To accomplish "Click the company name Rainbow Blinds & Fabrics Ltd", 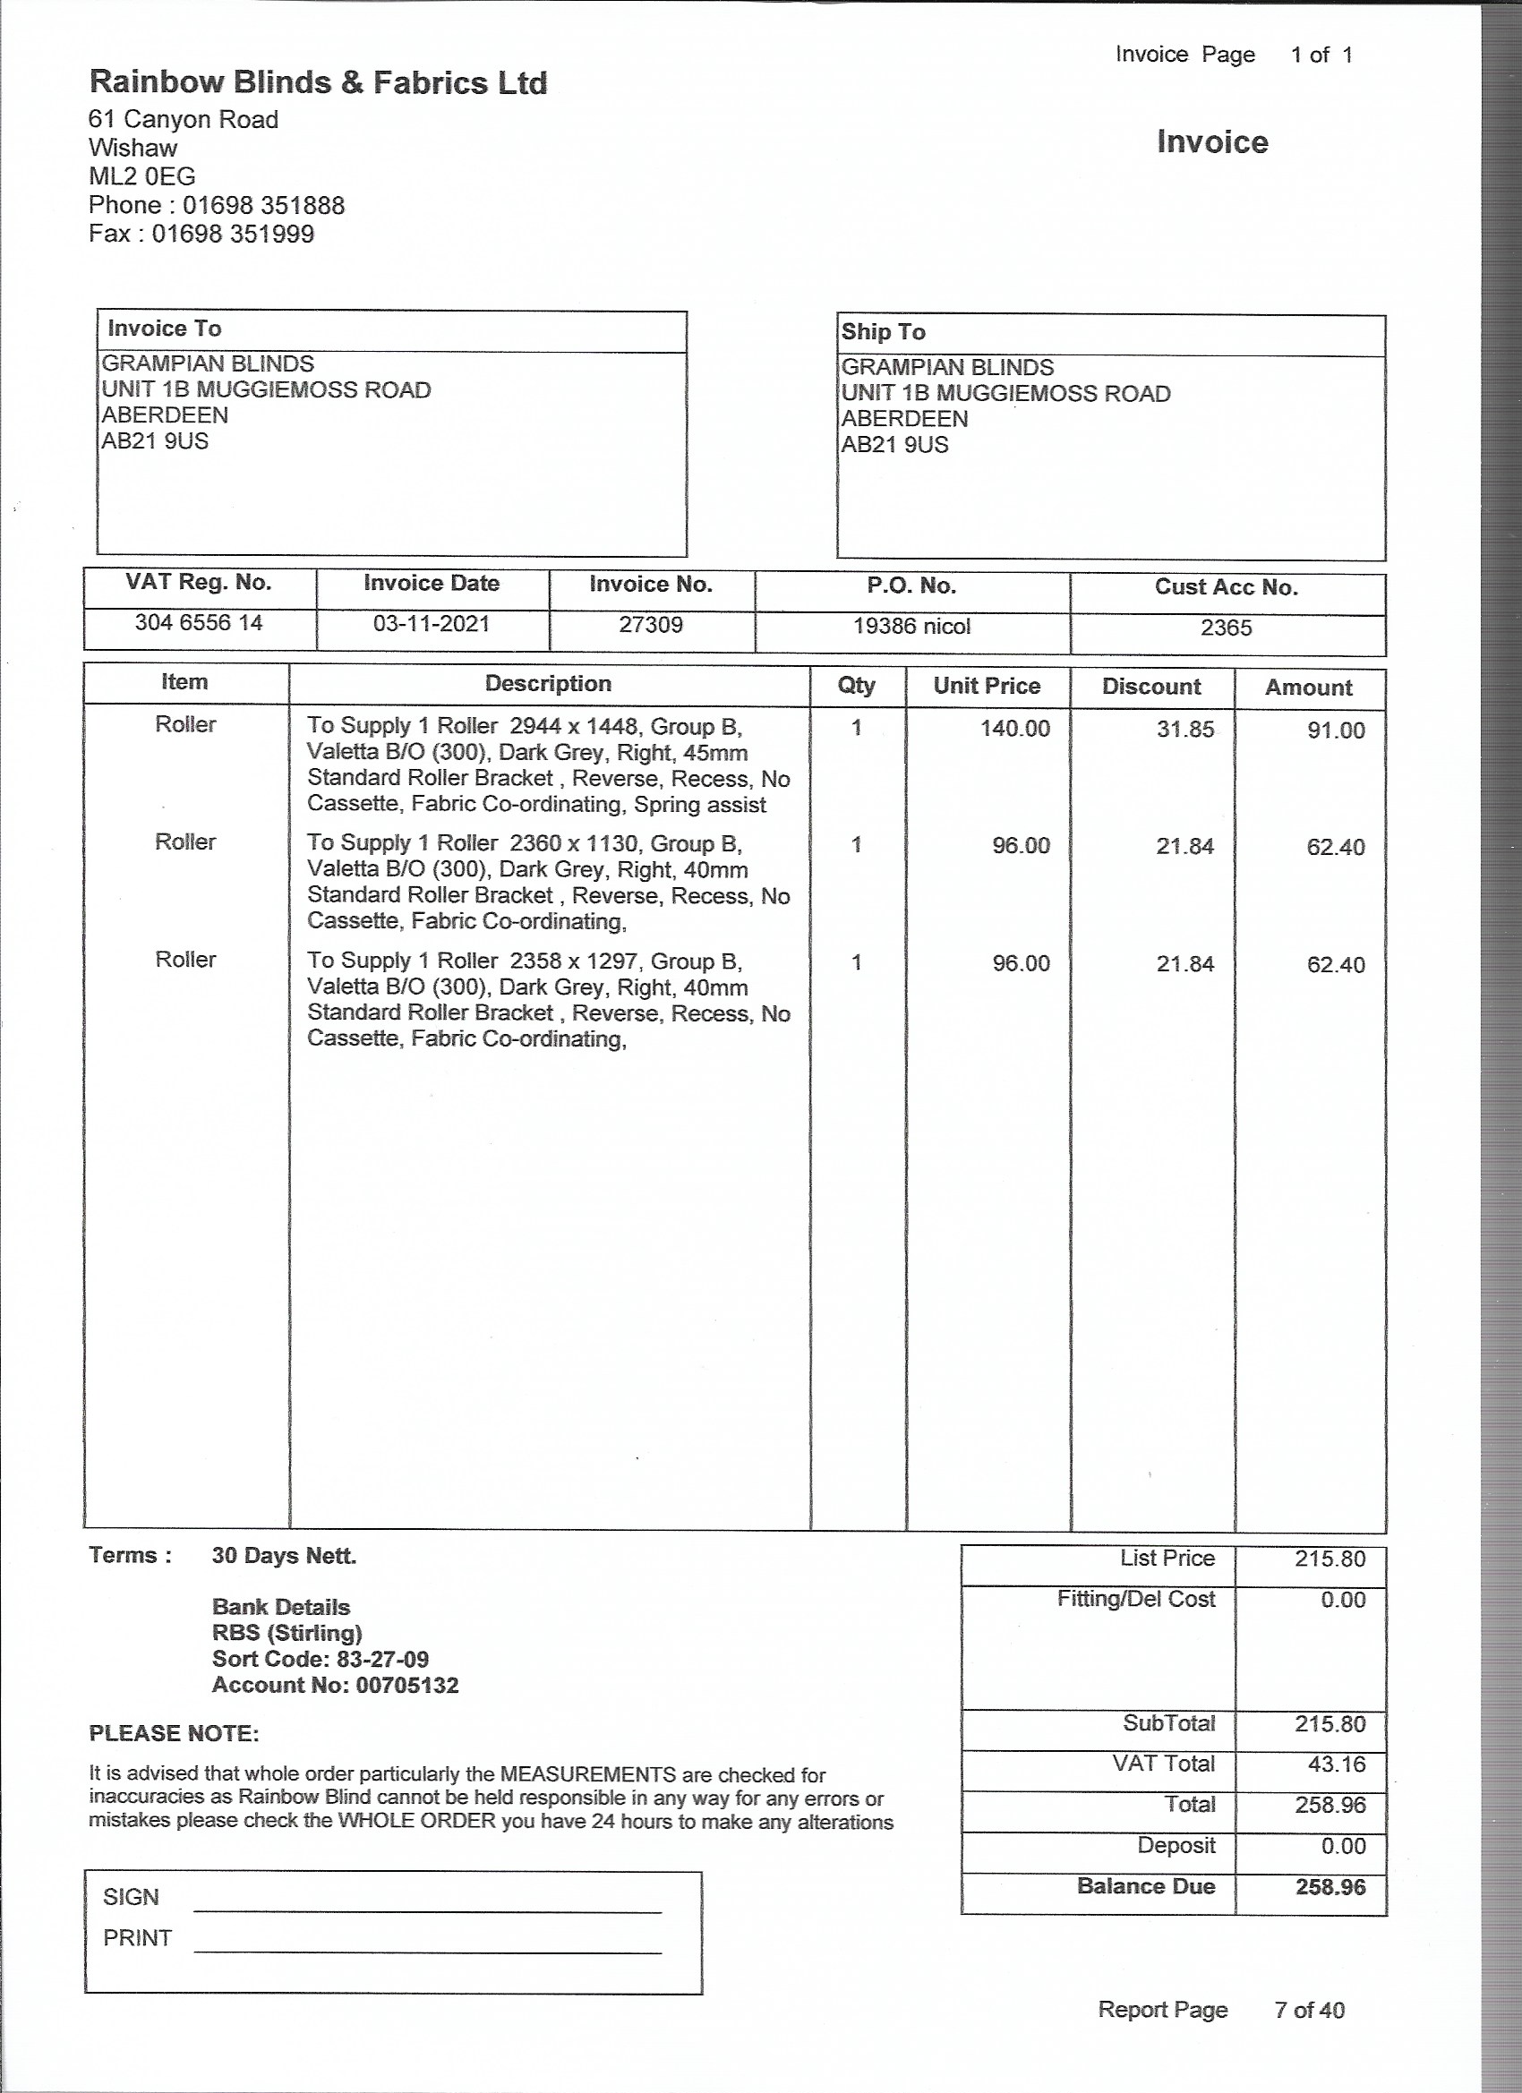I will (318, 83).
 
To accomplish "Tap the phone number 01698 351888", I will (263, 205).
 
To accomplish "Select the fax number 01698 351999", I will (233, 234).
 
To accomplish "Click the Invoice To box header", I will (165, 329).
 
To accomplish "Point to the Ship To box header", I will (884, 332).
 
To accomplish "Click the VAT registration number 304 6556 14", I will (199, 623).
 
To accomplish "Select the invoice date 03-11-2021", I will (431, 624).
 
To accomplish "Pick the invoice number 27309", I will (651, 625).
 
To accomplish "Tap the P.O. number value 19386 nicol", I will (911, 627).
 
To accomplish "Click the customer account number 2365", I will (1226, 628).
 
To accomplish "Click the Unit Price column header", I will (987, 686).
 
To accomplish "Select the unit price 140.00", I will (1014, 729).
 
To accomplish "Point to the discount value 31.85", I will (1185, 730).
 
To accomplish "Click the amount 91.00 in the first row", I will (1336, 730).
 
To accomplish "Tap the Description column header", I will (548, 684).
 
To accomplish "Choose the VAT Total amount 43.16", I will (1336, 1764).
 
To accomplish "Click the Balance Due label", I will (1145, 1886).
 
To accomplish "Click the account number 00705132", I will (407, 1685).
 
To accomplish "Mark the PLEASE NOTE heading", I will (174, 1734).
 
